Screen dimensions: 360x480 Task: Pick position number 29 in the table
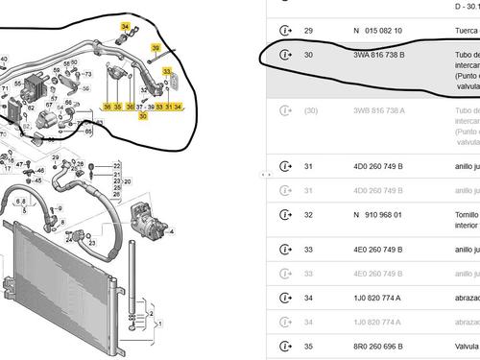(307, 31)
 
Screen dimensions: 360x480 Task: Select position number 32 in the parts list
(307, 215)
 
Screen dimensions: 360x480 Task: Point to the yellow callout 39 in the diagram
(156, 47)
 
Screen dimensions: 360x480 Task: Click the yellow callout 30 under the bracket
(143, 116)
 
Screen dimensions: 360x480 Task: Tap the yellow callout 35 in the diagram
(118, 107)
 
